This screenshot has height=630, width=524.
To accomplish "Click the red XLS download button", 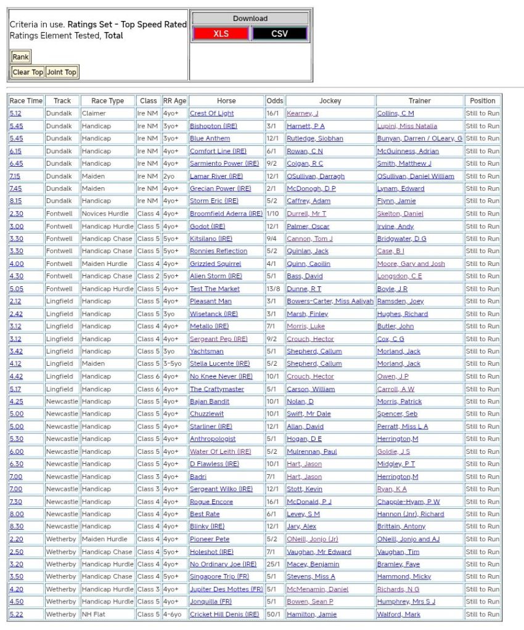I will (x=221, y=34).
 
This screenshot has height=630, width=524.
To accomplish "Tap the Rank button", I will (x=20, y=57).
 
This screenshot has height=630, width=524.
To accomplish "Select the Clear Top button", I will (x=28, y=72).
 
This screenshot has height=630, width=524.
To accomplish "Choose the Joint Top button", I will (x=62, y=72).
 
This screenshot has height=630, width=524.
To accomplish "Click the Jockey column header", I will (x=330, y=100).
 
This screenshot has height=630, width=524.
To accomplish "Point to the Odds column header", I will (x=275, y=100).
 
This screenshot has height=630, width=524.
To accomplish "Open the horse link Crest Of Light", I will (x=211, y=113).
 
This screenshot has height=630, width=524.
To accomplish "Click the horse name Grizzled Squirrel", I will (x=215, y=264).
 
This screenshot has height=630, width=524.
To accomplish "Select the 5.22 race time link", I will (x=15, y=614).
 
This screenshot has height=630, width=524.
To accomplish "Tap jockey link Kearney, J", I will (x=302, y=113).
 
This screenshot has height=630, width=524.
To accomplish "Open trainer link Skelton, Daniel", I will (x=400, y=214).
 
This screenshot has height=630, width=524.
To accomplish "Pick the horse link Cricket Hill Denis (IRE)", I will (x=224, y=614).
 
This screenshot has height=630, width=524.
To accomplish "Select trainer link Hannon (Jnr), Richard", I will (x=410, y=514).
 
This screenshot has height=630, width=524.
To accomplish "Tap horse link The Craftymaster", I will (x=216, y=389).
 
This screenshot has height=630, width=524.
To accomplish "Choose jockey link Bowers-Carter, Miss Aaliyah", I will (x=330, y=301).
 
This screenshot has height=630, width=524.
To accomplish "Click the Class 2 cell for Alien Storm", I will (x=148, y=276).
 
